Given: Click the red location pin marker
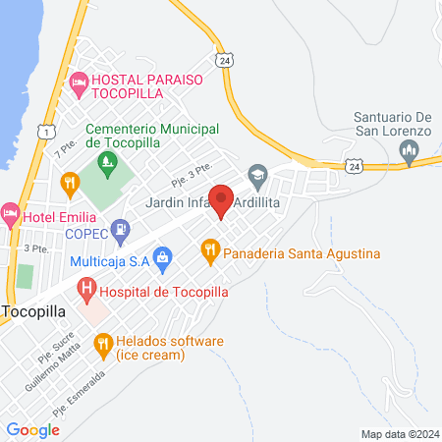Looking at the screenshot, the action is [x=222, y=199].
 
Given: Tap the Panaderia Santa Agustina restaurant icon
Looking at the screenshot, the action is [x=209, y=252].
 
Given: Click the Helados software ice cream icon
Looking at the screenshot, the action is [x=102, y=344].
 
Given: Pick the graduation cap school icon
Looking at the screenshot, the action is [x=258, y=178].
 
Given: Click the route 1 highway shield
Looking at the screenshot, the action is [x=45, y=131].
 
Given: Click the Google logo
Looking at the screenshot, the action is [x=33, y=429].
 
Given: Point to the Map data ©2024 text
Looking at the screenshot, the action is [x=399, y=433].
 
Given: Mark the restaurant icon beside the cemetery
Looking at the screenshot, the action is [x=69, y=182].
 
